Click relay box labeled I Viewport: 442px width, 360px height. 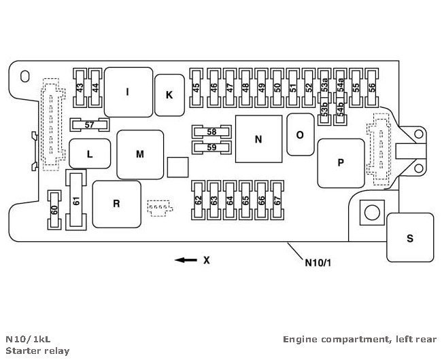tap(127, 91)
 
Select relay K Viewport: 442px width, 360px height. tap(169, 94)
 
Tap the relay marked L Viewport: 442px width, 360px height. tap(89, 154)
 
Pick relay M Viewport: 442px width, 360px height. tap(139, 154)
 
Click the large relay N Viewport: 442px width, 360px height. tap(258, 139)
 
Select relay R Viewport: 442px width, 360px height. tap(116, 203)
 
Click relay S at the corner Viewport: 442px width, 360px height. tap(409, 237)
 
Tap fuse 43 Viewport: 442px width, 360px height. tap(80, 88)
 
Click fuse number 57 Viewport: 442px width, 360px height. tap(90, 124)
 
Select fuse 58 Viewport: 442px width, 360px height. tap(211, 131)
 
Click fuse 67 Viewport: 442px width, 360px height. tap(277, 201)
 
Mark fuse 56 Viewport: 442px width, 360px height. tap(371, 88)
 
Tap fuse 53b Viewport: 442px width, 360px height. tap(324, 109)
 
